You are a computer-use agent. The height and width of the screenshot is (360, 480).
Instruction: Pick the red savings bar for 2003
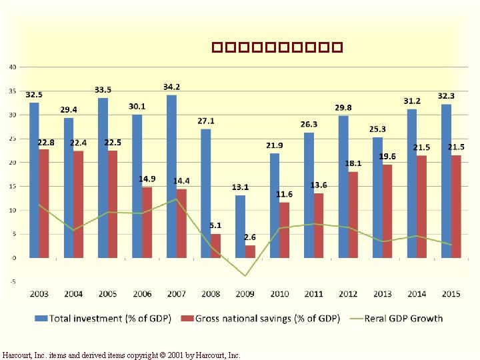point(44,203)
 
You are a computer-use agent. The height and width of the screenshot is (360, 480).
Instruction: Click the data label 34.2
point(171,87)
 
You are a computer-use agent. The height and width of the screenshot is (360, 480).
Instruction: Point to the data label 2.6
point(249,237)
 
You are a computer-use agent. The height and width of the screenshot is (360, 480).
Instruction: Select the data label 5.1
point(215,226)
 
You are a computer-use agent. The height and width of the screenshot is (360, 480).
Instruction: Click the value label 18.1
point(353,164)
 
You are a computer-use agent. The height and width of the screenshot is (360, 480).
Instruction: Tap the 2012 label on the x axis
point(348,294)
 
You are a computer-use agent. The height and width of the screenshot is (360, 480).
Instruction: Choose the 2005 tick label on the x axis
point(107,294)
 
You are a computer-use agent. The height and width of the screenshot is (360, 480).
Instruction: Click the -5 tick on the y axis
point(13,282)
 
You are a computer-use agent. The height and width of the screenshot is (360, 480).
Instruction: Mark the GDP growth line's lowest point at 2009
point(245,276)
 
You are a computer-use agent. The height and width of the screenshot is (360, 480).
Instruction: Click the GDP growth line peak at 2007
point(176,199)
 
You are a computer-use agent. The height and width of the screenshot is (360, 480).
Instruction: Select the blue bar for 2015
point(446,181)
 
